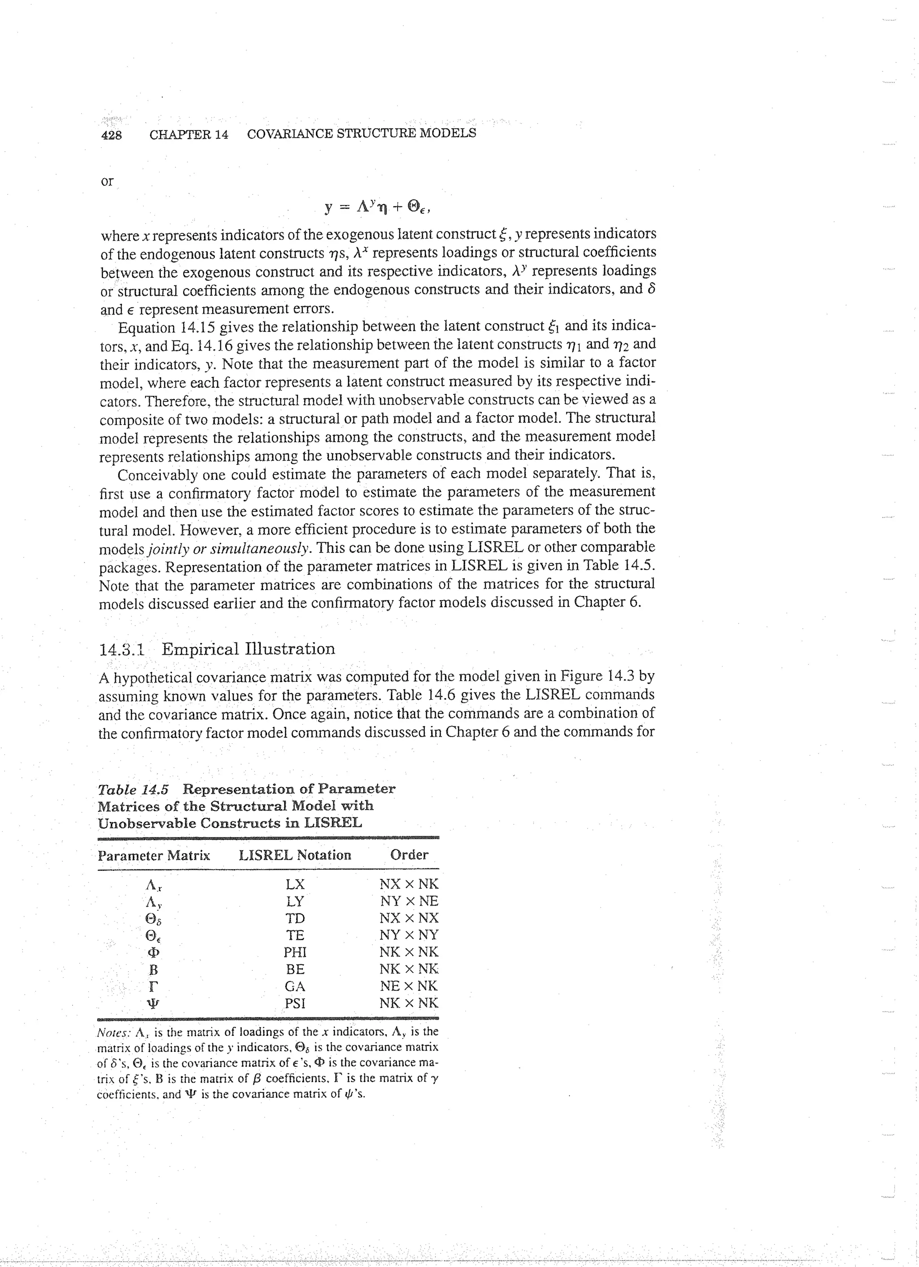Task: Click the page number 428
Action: click(111, 135)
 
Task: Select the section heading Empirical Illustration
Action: click(248, 649)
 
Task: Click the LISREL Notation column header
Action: click(294, 855)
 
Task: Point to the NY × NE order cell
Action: click(409, 902)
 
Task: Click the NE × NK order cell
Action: click(409, 986)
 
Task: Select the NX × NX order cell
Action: click(409, 918)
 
